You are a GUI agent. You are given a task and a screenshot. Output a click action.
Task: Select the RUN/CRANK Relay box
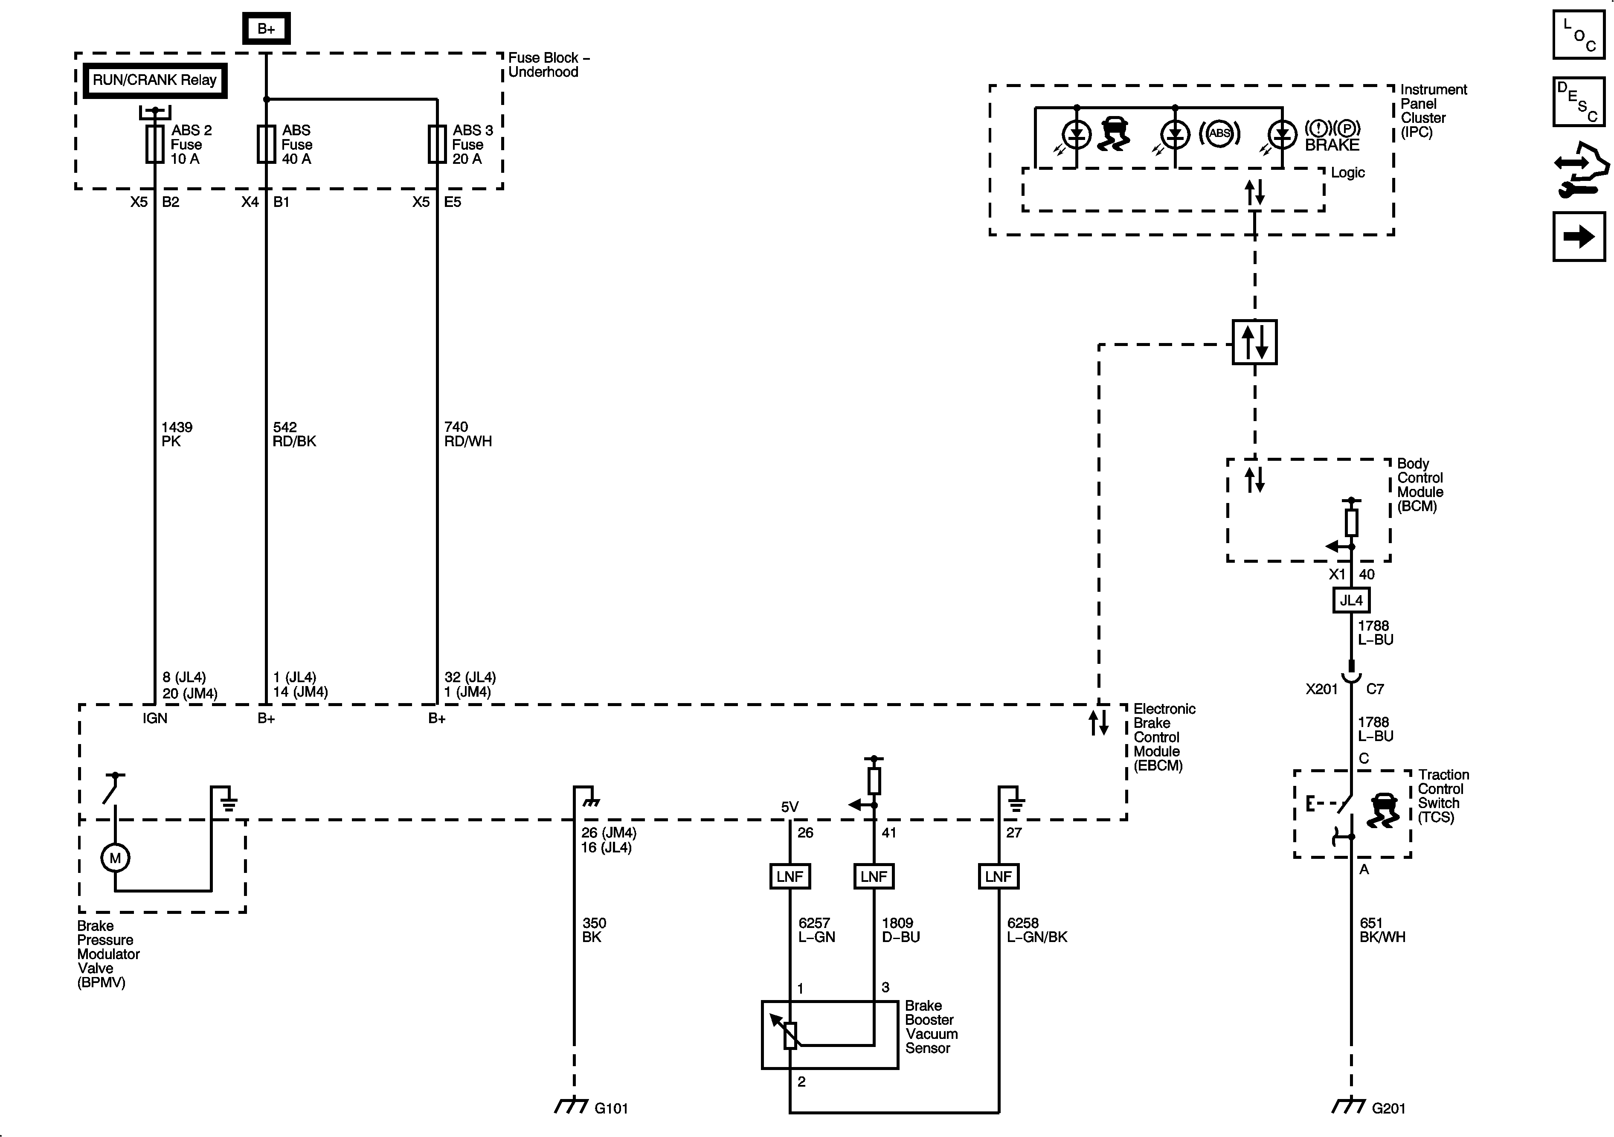pyautogui.click(x=155, y=80)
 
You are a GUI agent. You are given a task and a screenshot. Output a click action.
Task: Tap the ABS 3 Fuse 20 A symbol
pyautogui.click(x=437, y=144)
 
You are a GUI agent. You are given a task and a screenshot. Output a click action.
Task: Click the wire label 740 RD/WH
pyautogui.click(x=467, y=434)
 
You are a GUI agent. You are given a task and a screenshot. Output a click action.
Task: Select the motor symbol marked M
pyautogui.click(x=115, y=858)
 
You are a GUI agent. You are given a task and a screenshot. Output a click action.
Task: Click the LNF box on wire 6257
pyautogui.click(x=790, y=877)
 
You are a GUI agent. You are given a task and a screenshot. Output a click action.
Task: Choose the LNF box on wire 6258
pyautogui.click(x=998, y=877)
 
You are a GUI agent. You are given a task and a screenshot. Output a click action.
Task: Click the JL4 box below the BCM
pyautogui.click(x=1351, y=600)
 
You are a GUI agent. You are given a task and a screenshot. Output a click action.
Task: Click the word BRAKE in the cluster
pyautogui.click(x=1332, y=145)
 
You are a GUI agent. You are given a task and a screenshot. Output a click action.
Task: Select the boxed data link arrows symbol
pyautogui.click(x=1255, y=343)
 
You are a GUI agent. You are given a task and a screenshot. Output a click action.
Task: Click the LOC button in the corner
pyautogui.click(x=1579, y=35)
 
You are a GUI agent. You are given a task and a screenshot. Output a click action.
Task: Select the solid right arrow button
pyautogui.click(x=1579, y=237)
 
